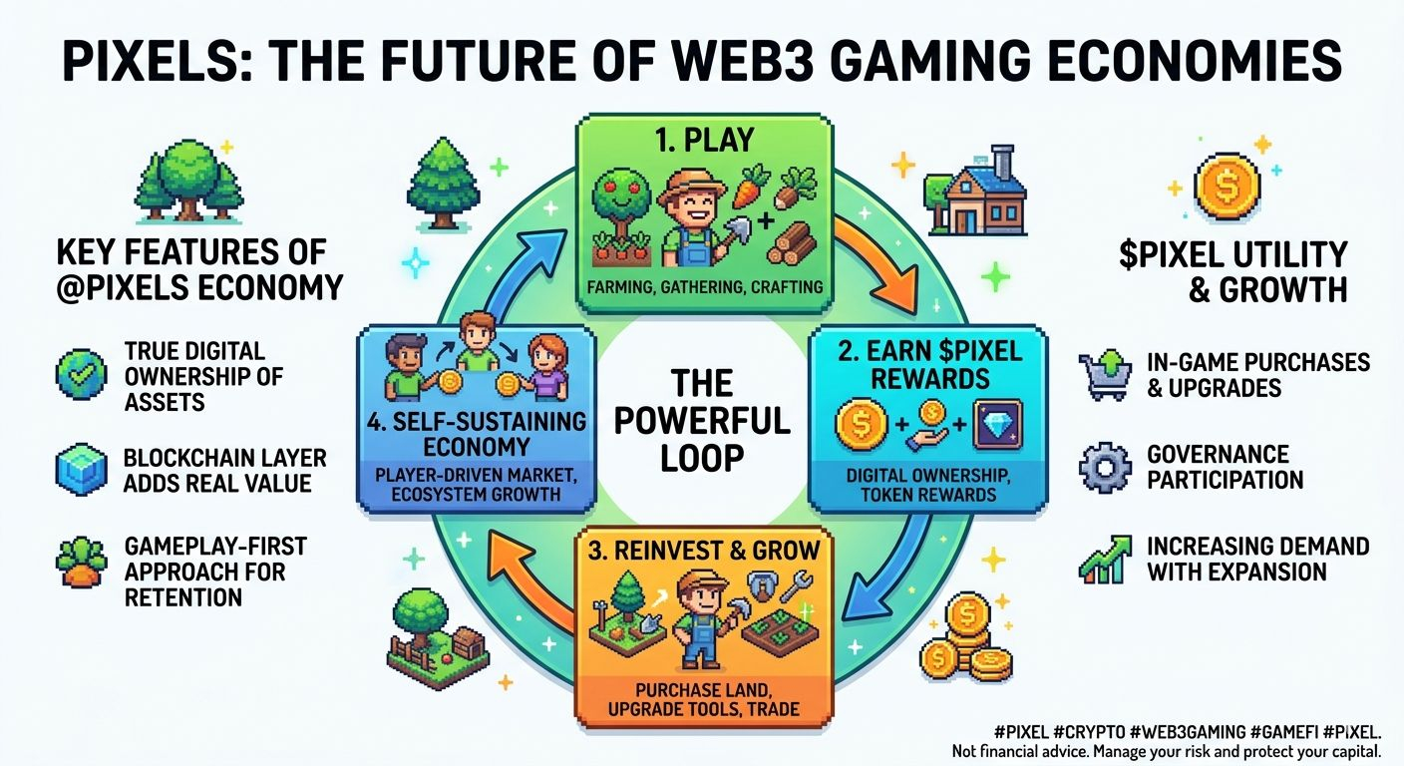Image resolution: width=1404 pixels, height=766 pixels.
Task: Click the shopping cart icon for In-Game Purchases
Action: (1104, 374)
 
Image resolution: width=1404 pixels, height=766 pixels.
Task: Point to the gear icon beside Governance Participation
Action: (1104, 467)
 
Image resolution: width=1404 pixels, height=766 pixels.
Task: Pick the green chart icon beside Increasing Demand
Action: (1105, 559)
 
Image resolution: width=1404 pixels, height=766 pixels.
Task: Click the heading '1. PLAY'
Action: (703, 140)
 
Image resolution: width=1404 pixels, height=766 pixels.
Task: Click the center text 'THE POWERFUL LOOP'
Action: (701, 419)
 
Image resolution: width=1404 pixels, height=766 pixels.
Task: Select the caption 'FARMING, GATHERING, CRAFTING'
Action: (704, 287)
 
